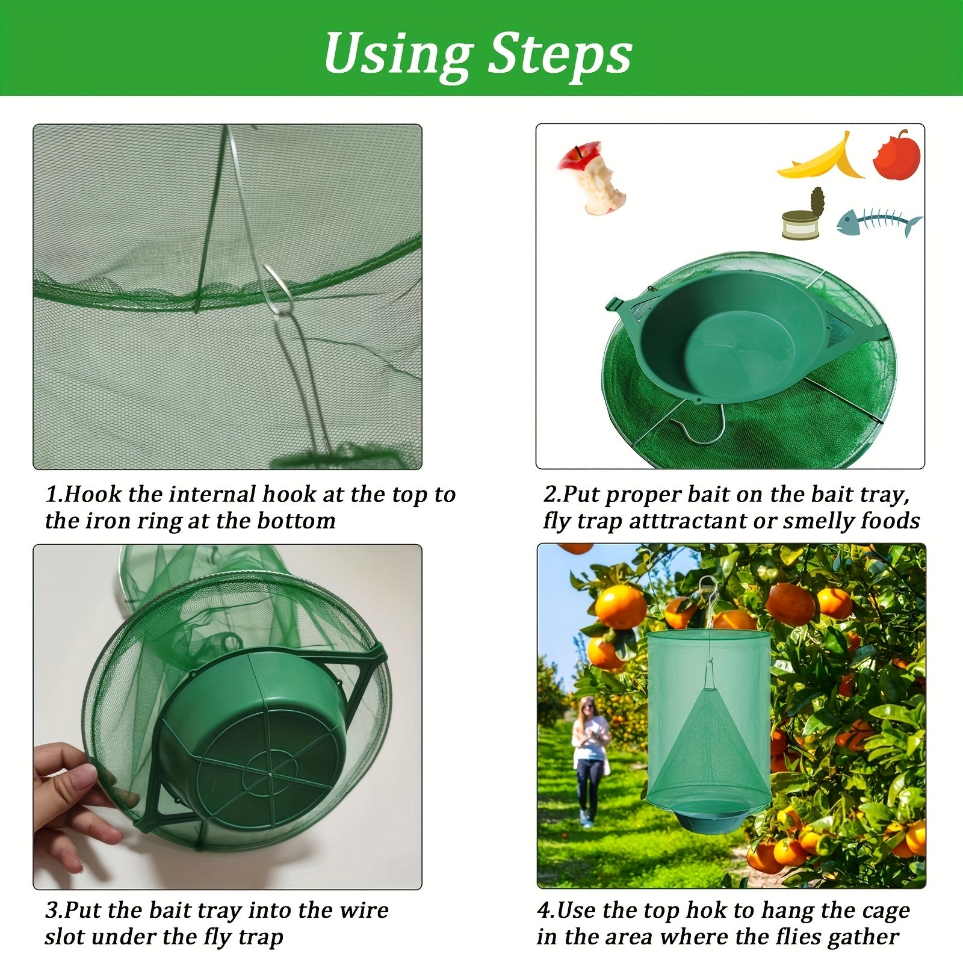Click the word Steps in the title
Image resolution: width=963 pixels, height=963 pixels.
(559, 54)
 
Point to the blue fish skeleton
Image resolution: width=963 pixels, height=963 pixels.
(879, 222)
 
